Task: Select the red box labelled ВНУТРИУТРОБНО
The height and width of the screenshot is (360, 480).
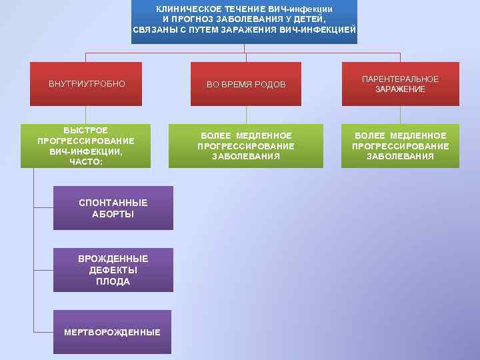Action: point(86,84)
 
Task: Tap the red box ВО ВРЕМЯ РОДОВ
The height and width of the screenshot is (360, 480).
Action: point(245,84)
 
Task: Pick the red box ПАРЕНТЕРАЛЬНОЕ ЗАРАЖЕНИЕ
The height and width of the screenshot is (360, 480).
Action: point(400,84)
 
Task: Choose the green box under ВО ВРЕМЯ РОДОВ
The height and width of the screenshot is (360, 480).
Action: point(245,146)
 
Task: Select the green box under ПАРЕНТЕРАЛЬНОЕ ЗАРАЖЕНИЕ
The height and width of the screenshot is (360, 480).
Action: point(400,146)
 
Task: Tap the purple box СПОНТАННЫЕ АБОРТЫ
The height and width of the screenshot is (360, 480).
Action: point(113,208)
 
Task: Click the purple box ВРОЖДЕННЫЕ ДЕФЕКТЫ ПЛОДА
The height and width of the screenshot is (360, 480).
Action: point(113,270)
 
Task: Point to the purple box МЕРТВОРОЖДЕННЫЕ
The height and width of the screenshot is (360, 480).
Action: point(112,332)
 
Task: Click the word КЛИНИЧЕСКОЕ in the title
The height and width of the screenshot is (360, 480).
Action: point(184,9)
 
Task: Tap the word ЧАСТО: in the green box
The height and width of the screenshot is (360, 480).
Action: point(86,162)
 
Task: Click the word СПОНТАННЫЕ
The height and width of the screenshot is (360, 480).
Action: point(113,203)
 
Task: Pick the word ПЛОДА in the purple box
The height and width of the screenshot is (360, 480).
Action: point(113,282)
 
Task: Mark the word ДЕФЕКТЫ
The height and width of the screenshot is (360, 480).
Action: point(113,270)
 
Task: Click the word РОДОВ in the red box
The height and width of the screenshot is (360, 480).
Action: point(271,85)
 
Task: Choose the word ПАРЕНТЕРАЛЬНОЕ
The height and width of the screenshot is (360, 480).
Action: point(400,79)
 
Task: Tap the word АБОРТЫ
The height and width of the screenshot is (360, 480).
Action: point(113,214)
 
